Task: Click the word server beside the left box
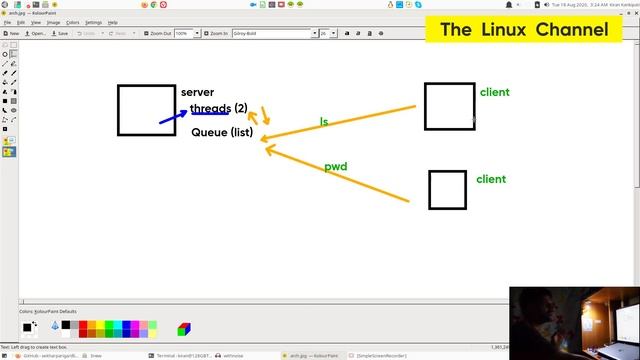[x=197, y=92]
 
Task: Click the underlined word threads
[x=210, y=108]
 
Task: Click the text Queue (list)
[x=222, y=132]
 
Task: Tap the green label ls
[x=324, y=122]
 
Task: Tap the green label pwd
[x=336, y=167]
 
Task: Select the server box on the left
[x=147, y=110]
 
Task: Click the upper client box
[x=449, y=106]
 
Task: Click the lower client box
[x=447, y=190]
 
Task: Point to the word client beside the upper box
[x=494, y=92]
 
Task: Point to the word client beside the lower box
[x=491, y=179]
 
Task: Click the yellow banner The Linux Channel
[x=524, y=30]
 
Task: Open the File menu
[x=7, y=21]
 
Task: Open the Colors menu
[x=72, y=21]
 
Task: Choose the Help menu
[x=113, y=21]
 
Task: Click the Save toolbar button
[x=59, y=33]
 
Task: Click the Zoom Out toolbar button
[x=156, y=33]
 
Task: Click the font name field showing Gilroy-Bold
[x=273, y=33]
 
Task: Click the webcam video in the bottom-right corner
[x=574, y=320]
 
